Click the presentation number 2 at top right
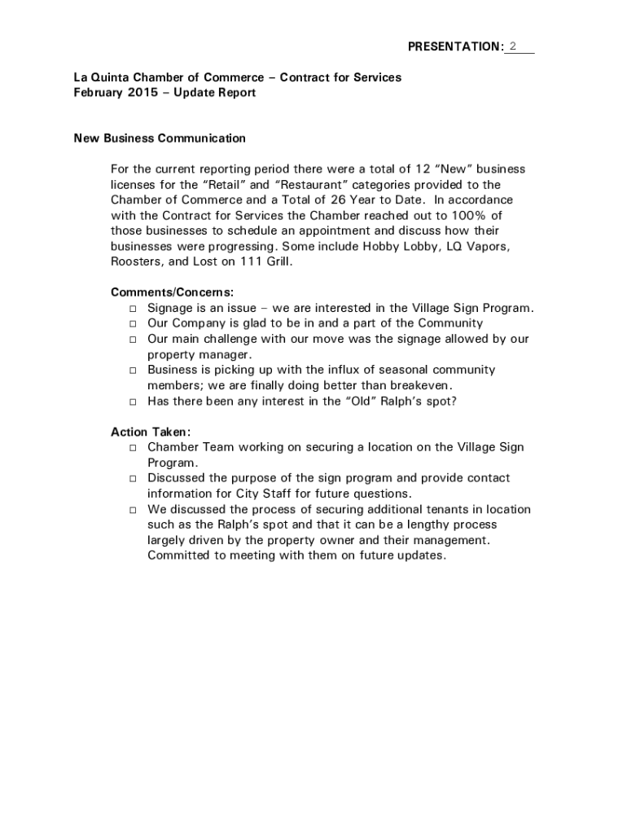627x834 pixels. pos(513,46)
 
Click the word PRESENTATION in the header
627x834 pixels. pos(454,47)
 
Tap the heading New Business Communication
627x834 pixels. pos(160,138)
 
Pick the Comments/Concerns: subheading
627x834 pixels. pos(172,292)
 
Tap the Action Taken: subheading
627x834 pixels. pos(151,432)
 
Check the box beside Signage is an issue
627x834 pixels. pos(133,309)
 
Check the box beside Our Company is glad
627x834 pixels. pos(133,324)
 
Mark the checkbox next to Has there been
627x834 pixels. pos(133,402)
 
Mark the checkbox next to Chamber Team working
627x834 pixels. pos(133,448)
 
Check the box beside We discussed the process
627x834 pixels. pos(133,510)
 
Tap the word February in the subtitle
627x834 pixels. pos(97,93)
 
